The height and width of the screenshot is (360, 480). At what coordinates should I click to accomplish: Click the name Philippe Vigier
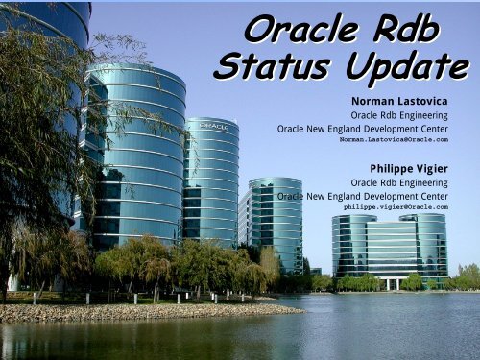pos(408,168)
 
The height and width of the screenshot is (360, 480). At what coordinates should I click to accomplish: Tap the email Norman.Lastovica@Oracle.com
pos(394,139)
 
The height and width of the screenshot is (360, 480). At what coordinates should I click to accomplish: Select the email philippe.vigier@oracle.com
pos(396,206)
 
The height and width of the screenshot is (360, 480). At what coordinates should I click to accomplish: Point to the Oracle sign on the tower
pos(213,126)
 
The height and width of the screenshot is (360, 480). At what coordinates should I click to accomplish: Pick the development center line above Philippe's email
pos(362,195)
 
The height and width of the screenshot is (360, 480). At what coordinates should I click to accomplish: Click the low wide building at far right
pos(390,248)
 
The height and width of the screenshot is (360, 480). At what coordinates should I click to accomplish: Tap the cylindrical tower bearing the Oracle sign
pos(211,182)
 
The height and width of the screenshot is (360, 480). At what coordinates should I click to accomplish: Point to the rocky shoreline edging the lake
pos(144,311)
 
